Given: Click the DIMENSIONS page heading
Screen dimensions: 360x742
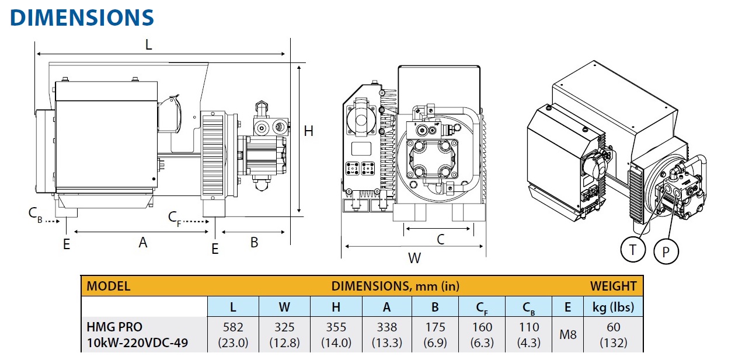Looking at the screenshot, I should (x=82, y=18).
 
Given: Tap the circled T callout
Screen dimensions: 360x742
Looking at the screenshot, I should (x=633, y=250).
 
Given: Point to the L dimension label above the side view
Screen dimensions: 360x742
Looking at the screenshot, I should (x=148, y=44).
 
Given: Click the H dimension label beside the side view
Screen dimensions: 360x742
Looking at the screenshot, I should (x=308, y=131).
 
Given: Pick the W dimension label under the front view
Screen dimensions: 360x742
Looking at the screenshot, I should (x=414, y=258).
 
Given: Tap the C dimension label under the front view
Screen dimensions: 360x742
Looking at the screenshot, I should (x=441, y=239).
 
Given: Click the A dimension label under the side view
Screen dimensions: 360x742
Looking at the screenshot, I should (x=142, y=242).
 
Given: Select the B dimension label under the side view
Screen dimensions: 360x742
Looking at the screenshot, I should (x=254, y=242).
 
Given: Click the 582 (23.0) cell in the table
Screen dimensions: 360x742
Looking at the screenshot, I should (x=233, y=335).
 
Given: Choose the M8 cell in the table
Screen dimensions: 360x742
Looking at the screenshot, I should (x=567, y=335).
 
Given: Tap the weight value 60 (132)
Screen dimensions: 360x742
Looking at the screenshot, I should (x=613, y=335).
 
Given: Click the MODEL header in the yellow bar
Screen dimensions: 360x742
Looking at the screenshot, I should (x=108, y=286).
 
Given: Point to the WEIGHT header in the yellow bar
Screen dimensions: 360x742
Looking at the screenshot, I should (x=613, y=286).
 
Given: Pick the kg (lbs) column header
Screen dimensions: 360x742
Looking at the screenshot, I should (x=613, y=306).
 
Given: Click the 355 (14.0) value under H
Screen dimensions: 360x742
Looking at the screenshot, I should (x=336, y=335).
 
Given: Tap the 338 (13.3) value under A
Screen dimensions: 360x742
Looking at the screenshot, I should (x=386, y=335).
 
